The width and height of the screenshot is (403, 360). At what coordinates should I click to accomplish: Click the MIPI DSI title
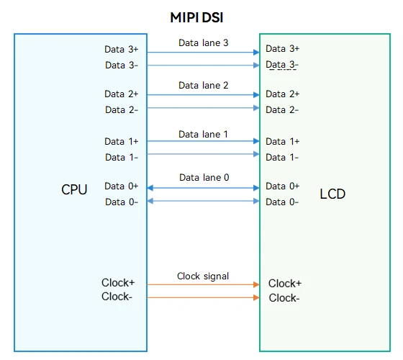point(196,17)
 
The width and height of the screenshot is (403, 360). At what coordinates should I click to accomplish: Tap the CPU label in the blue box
point(74,190)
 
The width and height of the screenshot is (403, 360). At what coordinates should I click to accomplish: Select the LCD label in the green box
point(332,194)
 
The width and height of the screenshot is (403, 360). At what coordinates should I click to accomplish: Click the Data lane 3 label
point(203,42)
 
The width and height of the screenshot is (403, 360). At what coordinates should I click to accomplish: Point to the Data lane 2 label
point(203,85)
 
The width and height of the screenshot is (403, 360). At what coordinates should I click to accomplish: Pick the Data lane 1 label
point(203,134)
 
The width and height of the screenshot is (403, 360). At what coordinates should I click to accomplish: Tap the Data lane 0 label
point(204,177)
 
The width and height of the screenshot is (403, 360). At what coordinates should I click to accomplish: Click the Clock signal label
point(203,276)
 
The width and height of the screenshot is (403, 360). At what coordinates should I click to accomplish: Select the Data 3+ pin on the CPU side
point(122,49)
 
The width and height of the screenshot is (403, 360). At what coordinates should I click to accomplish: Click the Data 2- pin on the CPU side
point(122,109)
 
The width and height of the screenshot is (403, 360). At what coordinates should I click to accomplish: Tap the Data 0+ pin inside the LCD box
point(282,186)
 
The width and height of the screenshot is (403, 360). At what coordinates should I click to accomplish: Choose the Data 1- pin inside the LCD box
point(282,157)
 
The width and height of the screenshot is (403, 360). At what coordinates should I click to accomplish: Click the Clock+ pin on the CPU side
point(118,282)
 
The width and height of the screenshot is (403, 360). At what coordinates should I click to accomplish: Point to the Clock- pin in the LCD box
point(284,298)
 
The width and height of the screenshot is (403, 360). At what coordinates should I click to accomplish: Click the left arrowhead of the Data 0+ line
point(150,188)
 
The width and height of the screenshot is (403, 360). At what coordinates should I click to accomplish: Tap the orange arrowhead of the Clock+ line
point(256,284)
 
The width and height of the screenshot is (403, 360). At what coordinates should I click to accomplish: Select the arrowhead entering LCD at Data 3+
point(256,52)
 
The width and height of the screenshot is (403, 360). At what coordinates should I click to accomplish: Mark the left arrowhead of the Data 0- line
point(150,201)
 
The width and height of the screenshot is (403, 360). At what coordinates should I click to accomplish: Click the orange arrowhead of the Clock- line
point(256,297)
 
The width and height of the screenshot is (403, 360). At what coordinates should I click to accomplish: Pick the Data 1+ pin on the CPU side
point(122,141)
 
